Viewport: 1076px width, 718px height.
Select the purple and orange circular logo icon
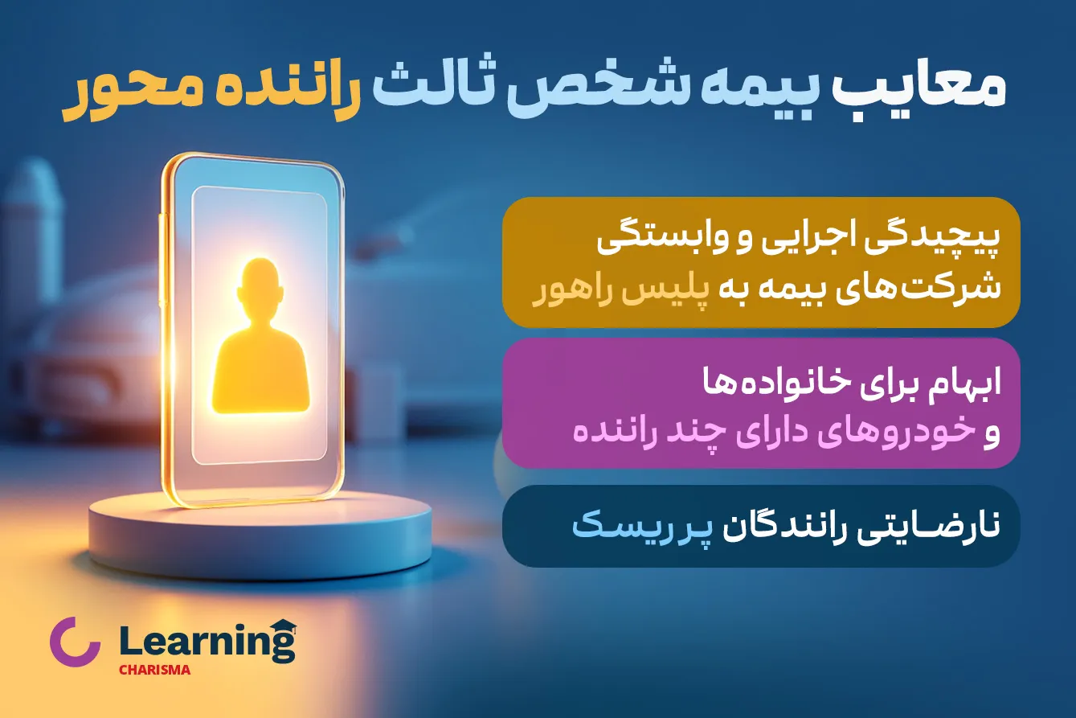[75, 641]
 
